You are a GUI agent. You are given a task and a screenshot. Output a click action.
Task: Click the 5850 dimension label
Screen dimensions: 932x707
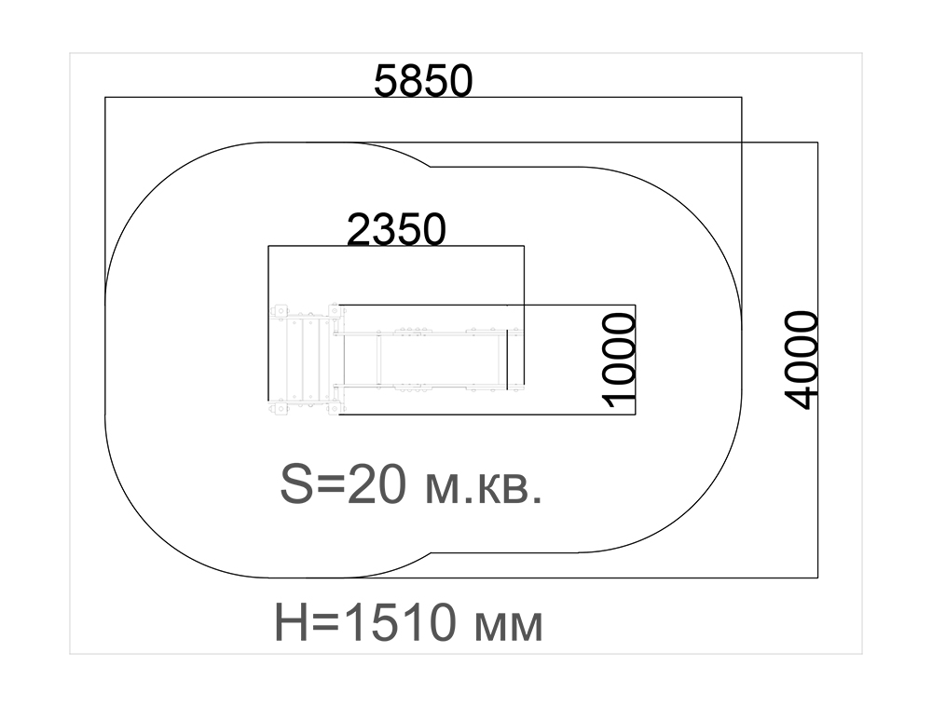423,80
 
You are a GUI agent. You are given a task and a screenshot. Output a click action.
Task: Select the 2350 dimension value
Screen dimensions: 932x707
396,229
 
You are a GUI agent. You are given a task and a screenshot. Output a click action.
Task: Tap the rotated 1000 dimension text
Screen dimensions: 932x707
620,360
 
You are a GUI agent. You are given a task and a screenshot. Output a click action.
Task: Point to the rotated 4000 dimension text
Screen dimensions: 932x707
802,360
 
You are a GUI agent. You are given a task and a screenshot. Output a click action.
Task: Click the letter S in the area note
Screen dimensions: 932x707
296,483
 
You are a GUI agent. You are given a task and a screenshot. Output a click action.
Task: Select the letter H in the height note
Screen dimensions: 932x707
291,621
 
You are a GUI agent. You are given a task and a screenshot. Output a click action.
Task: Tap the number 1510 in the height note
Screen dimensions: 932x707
403,621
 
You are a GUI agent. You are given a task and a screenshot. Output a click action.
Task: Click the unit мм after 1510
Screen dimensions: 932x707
509,627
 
